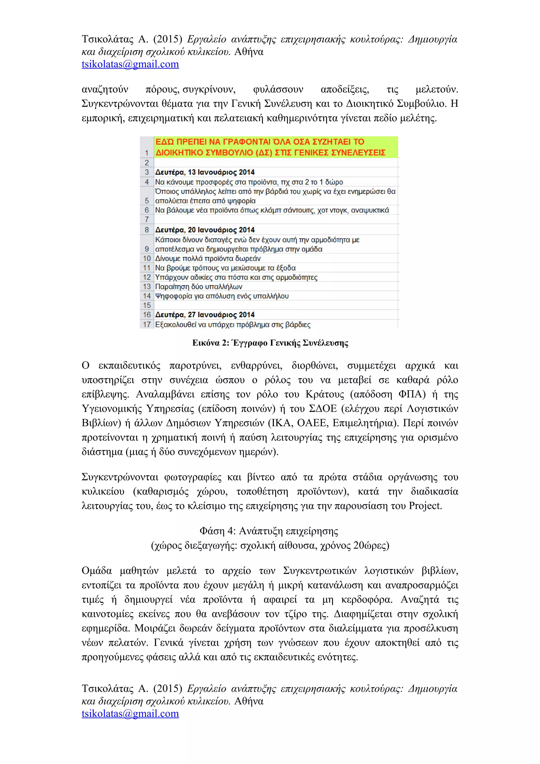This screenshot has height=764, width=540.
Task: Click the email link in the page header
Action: pyautogui.click(x=130, y=64)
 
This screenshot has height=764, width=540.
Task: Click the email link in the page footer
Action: pyautogui.click(x=130, y=713)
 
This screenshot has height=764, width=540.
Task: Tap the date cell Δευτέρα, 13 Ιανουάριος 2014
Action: pyautogui.click(x=205, y=172)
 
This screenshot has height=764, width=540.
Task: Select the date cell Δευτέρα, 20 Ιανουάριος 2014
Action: pyautogui.click(x=205, y=230)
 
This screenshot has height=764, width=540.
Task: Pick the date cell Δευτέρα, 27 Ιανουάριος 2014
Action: pyautogui.click(x=205, y=315)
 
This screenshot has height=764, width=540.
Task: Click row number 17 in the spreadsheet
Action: pyautogui.click(x=147, y=325)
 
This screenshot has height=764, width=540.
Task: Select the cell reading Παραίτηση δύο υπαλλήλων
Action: pyautogui.click(x=199, y=287)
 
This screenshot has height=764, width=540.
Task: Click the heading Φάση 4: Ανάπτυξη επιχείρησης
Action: pyautogui.click(x=269, y=531)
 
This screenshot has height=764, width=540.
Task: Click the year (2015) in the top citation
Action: pyautogui.click(x=167, y=39)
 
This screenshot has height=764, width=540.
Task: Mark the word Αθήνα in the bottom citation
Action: pyautogui.click(x=249, y=701)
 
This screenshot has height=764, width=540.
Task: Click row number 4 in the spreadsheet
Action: pyautogui.click(x=147, y=182)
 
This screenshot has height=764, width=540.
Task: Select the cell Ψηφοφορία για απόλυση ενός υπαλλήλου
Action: pyautogui.click(x=222, y=296)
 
